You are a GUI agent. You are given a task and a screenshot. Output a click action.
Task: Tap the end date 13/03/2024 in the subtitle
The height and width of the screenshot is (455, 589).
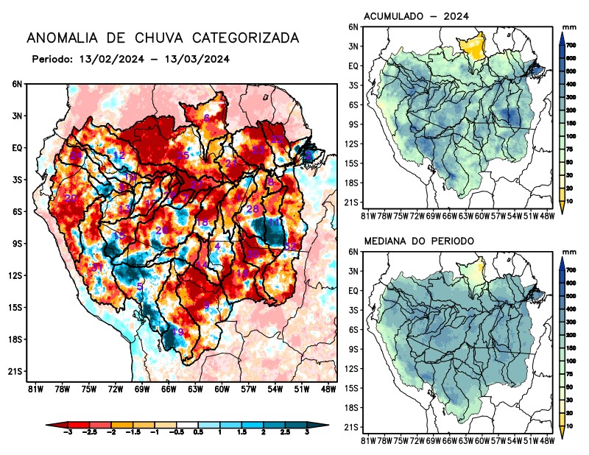point(199,59)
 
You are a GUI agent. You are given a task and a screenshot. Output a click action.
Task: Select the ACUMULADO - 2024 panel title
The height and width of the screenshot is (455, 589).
point(416,16)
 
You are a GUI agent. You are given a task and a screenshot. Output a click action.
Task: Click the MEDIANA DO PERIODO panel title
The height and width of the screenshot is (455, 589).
point(419,241)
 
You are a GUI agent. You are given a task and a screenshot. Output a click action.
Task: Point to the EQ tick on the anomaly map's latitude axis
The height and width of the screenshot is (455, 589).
point(15,147)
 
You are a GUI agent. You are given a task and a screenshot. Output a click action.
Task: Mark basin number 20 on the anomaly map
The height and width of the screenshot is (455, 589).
point(71,198)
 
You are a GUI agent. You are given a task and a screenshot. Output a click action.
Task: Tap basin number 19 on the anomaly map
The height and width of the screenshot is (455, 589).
point(177,332)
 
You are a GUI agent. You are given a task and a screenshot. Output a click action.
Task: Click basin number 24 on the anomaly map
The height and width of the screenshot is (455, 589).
point(76,155)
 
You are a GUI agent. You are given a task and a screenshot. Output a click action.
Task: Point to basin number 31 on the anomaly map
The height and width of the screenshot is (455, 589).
point(96,267)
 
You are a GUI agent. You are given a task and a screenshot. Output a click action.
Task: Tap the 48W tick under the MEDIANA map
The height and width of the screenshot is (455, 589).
point(546,441)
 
